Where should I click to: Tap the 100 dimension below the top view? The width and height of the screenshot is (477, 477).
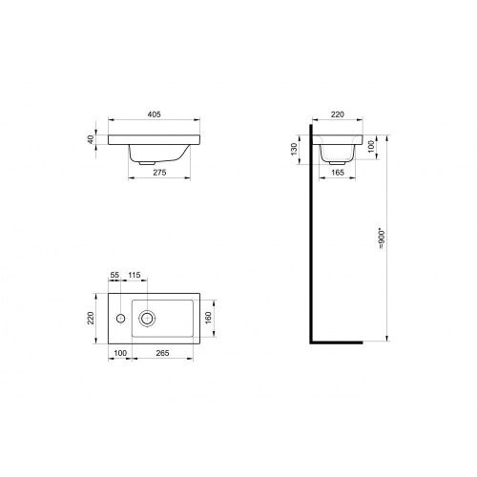tap(119, 353)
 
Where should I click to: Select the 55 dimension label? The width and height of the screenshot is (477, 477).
tap(114, 275)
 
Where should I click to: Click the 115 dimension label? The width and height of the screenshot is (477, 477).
tap(135, 275)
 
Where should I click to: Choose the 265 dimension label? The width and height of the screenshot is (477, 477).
tap(164, 353)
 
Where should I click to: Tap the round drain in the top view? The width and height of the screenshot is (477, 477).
tap(148, 317)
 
